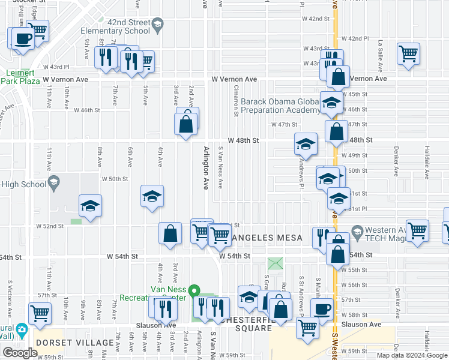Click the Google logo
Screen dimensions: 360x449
[x=19, y=353]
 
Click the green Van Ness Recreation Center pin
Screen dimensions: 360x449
[x=194, y=292]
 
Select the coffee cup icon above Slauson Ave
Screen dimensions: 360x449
[x=322, y=309]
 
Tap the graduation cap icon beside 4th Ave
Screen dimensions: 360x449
[x=152, y=196]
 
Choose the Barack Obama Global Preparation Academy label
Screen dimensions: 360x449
[x=280, y=106]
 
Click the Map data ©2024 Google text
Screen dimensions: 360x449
[x=411, y=355]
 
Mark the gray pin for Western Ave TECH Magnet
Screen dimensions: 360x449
[x=357, y=230]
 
